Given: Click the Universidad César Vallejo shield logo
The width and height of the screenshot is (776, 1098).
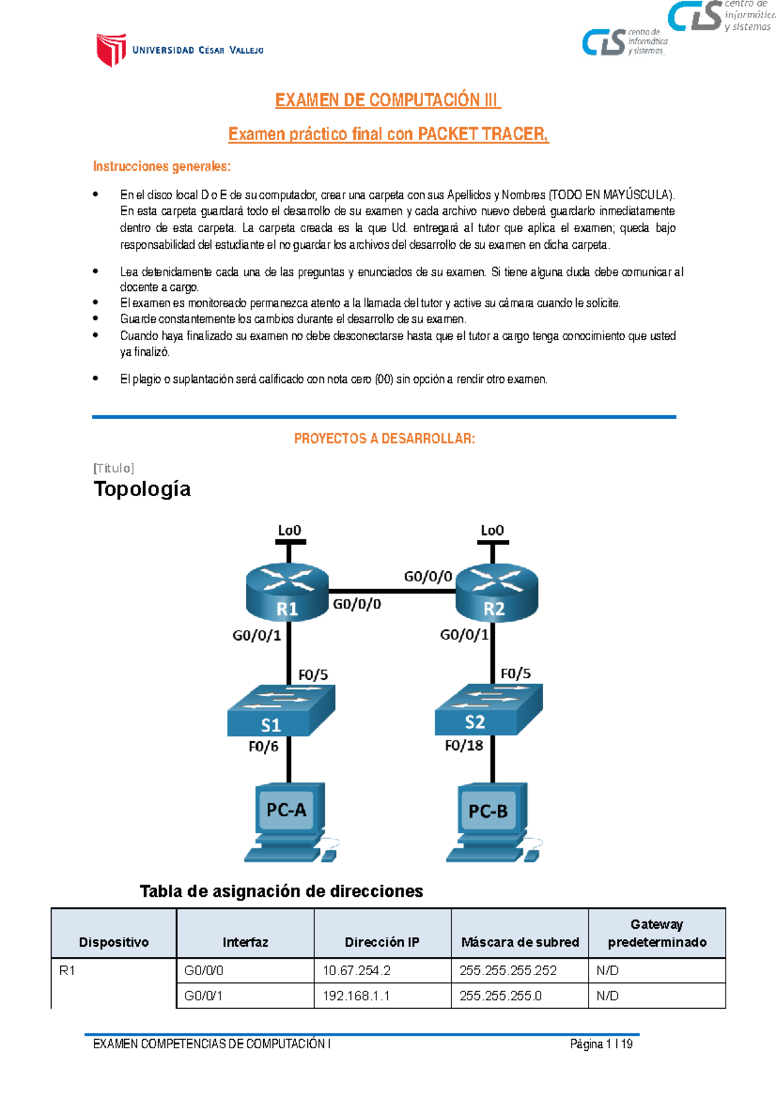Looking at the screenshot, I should (x=111, y=50).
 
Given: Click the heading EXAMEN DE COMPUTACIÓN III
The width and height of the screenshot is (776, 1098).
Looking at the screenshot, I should (x=387, y=100).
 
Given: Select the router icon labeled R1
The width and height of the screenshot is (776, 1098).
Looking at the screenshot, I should (x=287, y=592).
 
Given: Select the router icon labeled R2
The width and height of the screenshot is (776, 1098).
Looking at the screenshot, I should (x=496, y=592).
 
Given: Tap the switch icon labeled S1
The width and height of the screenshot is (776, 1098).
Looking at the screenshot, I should (x=281, y=711).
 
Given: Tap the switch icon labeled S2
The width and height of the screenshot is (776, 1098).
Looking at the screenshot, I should (x=488, y=709).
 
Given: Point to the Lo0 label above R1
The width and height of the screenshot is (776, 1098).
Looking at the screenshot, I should (x=289, y=530).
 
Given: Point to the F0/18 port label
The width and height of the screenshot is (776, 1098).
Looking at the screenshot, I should (x=464, y=746).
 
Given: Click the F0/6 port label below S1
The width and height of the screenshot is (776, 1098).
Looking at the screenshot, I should (x=263, y=746).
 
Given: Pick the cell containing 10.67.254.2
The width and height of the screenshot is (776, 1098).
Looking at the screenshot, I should (x=382, y=971).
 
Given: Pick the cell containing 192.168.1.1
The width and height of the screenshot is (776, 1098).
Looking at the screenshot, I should (x=382, y=996).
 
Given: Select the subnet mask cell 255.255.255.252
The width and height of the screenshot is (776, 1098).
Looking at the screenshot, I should (x=519, y=971).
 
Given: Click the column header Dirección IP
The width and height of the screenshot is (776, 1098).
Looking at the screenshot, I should (x=382, y=942).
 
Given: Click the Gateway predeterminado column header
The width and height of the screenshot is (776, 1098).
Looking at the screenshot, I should (x=656, y=933).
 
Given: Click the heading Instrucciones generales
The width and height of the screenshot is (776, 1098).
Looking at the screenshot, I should (x=162, y=166).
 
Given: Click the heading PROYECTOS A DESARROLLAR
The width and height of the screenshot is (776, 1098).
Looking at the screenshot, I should (x=384, y=438).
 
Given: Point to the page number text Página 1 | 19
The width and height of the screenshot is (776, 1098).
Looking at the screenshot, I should (x=601, y=1044).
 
